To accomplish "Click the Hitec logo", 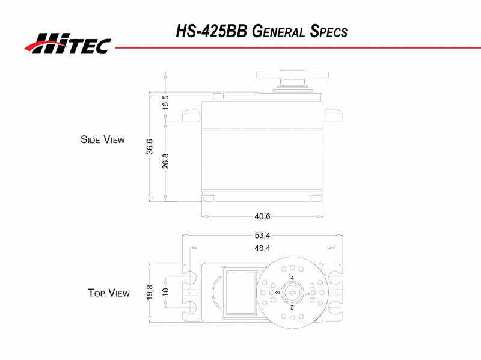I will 67,44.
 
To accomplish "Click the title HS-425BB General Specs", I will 262,31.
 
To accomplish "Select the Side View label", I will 103,139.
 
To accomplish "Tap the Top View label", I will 109,293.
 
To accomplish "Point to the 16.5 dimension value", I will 165,102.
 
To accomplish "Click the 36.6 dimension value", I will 149,147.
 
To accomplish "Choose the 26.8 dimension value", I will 165,161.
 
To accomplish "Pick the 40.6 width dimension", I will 263,216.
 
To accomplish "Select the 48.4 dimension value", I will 263,248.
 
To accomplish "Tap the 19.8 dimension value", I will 149,293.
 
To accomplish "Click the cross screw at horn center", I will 292,293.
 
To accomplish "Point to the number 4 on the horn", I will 292,278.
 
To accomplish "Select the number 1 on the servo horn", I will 307,293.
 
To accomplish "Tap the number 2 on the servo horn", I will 292,307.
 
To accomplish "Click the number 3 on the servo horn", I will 278,293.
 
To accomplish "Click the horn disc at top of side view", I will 292,75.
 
